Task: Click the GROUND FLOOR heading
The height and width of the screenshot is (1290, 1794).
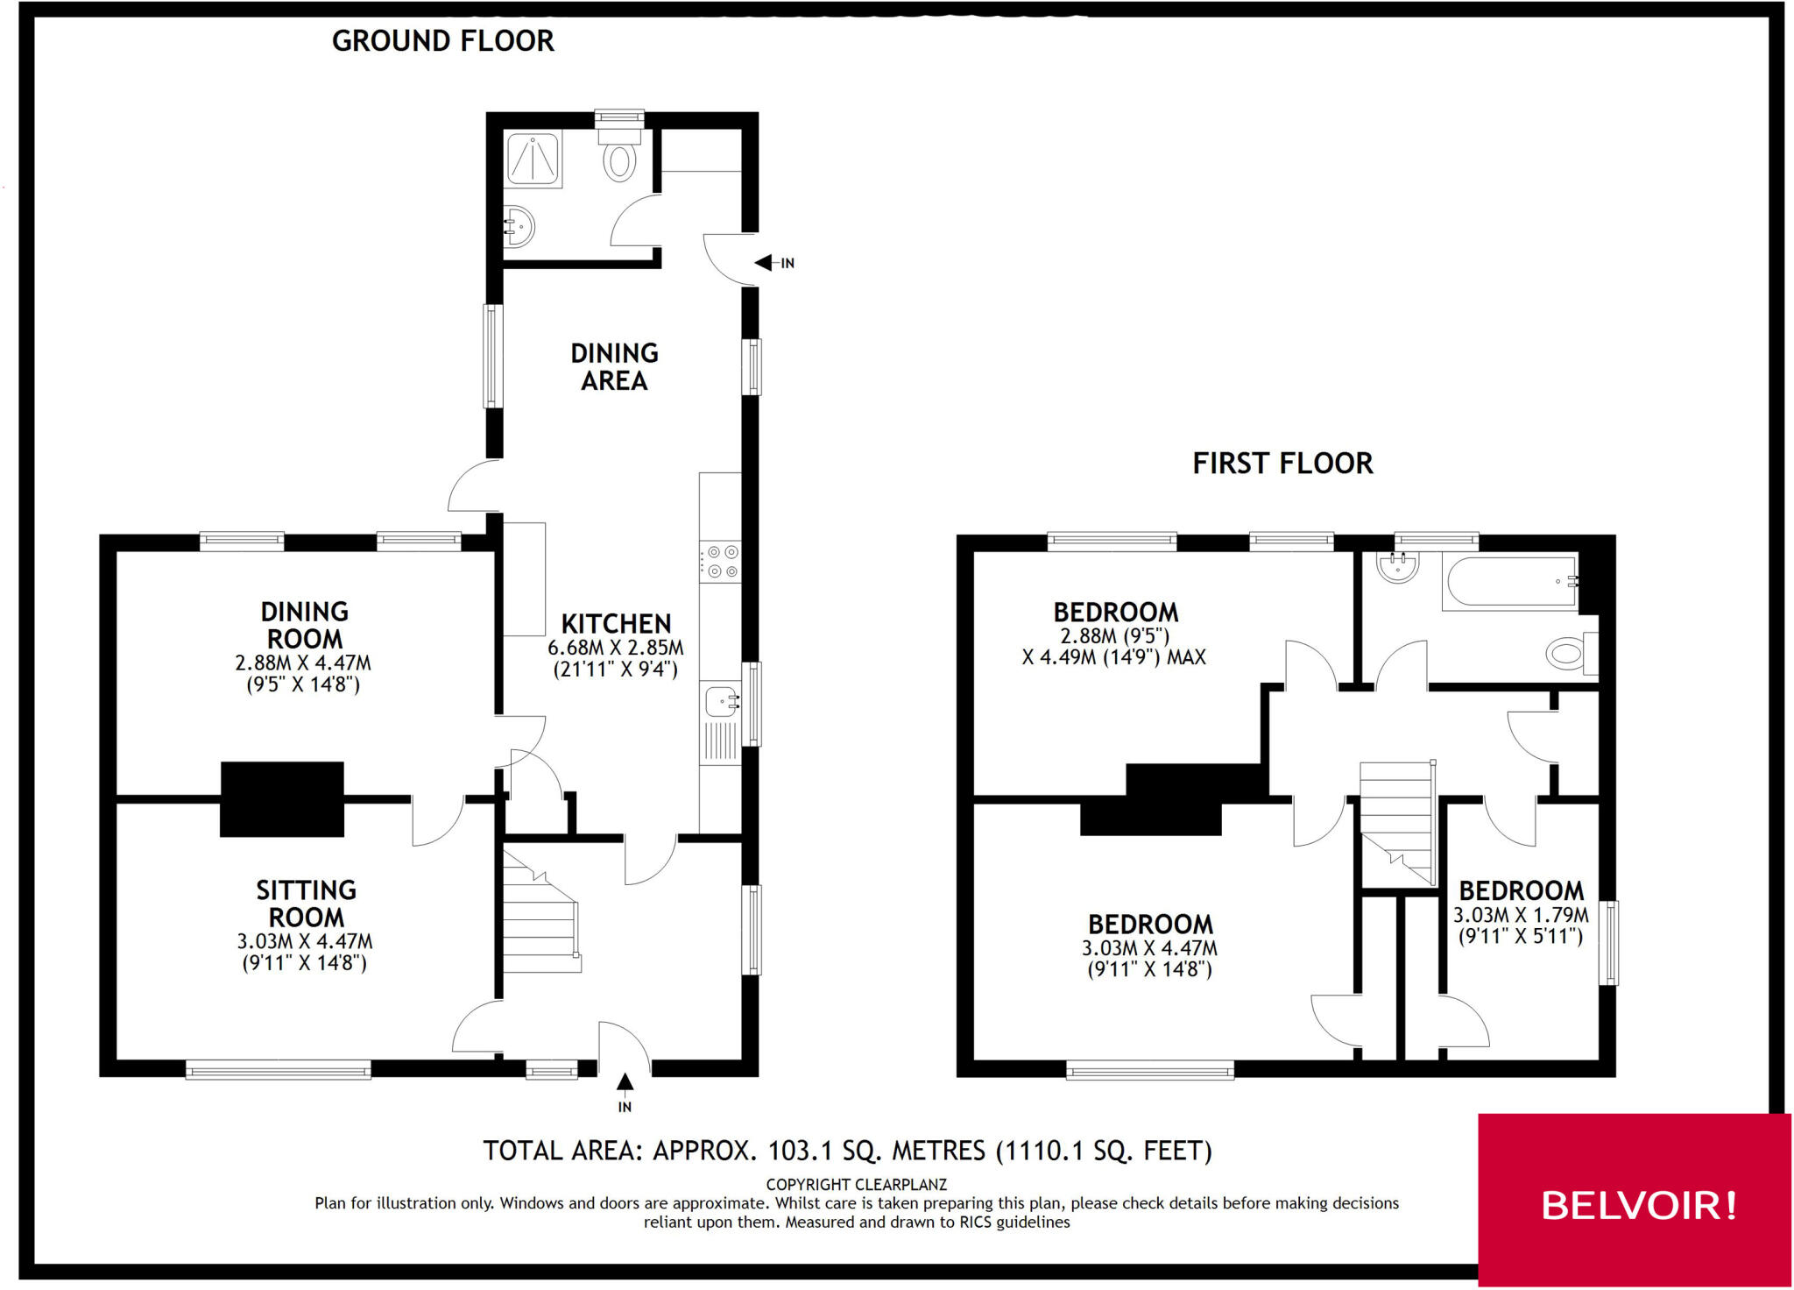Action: coord(442,41)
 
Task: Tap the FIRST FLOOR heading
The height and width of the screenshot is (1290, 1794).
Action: coord(1282,463)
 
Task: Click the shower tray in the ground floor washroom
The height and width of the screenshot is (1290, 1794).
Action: coord(533,159)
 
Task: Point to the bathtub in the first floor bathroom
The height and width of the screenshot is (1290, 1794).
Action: coord(1509,581)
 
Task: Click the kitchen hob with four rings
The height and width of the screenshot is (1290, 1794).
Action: coord(720,562)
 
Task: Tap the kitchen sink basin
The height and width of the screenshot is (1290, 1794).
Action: coord(720,702)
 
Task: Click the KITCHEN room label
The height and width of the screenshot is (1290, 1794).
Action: coord(616,624)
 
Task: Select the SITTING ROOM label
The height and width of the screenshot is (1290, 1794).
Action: coord(306,904)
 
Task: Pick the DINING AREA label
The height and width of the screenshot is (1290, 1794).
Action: coord(614,366)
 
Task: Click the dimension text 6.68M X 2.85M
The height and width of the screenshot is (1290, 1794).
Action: coord(616,648)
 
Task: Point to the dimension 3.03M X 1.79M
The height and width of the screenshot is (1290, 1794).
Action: coord(1521,915)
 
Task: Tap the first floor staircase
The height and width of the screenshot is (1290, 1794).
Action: coord(1396,819)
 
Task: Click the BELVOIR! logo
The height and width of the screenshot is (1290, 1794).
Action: coord(1637,1206)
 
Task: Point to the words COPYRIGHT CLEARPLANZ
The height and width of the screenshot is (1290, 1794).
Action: coord(856,1184)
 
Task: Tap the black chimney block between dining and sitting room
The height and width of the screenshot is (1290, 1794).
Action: coord(281,798)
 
